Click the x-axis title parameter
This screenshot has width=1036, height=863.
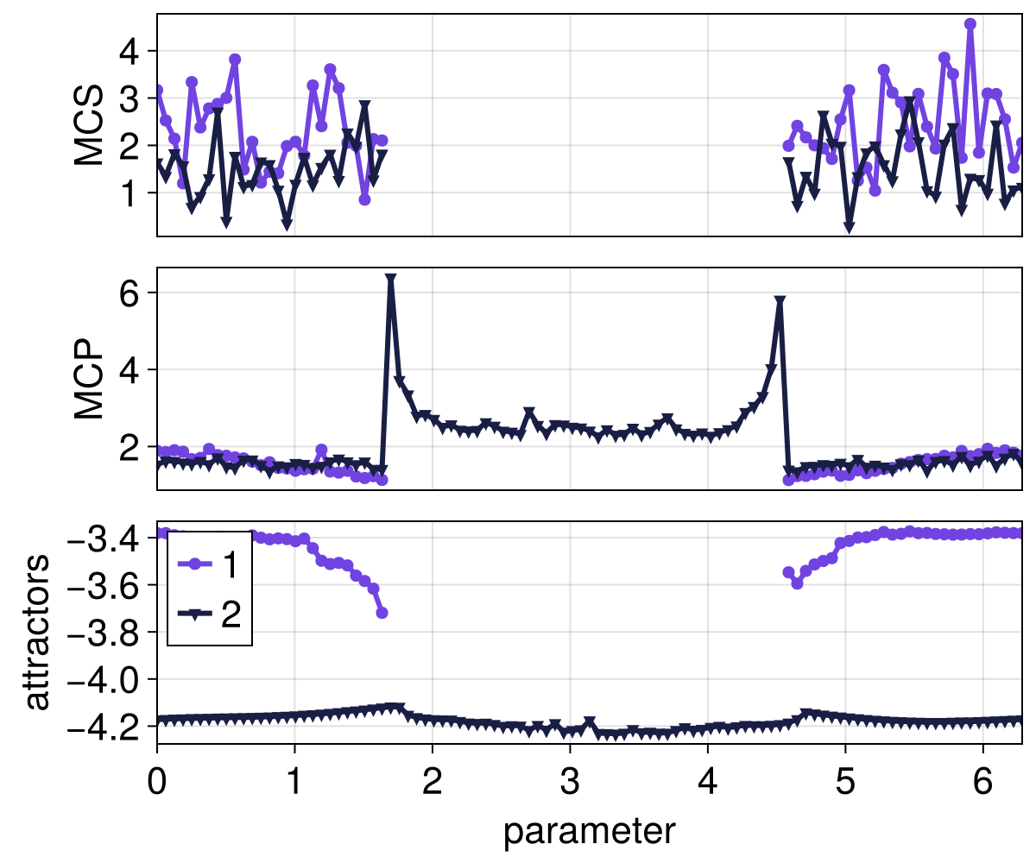[x=589, y=831]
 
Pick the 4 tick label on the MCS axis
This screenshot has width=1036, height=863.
[x=130, y=51]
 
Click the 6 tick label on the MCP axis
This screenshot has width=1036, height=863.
[x=130, y=293]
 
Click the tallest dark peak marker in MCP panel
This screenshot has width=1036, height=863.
[x=391, y=280]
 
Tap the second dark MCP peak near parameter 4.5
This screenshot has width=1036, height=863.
[x=780, y=302]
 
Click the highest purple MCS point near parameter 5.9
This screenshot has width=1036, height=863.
[x=970, y=24]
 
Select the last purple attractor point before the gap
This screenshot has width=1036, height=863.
[x=382, y=613]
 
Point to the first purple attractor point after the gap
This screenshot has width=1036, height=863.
[x=788, y=572]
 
